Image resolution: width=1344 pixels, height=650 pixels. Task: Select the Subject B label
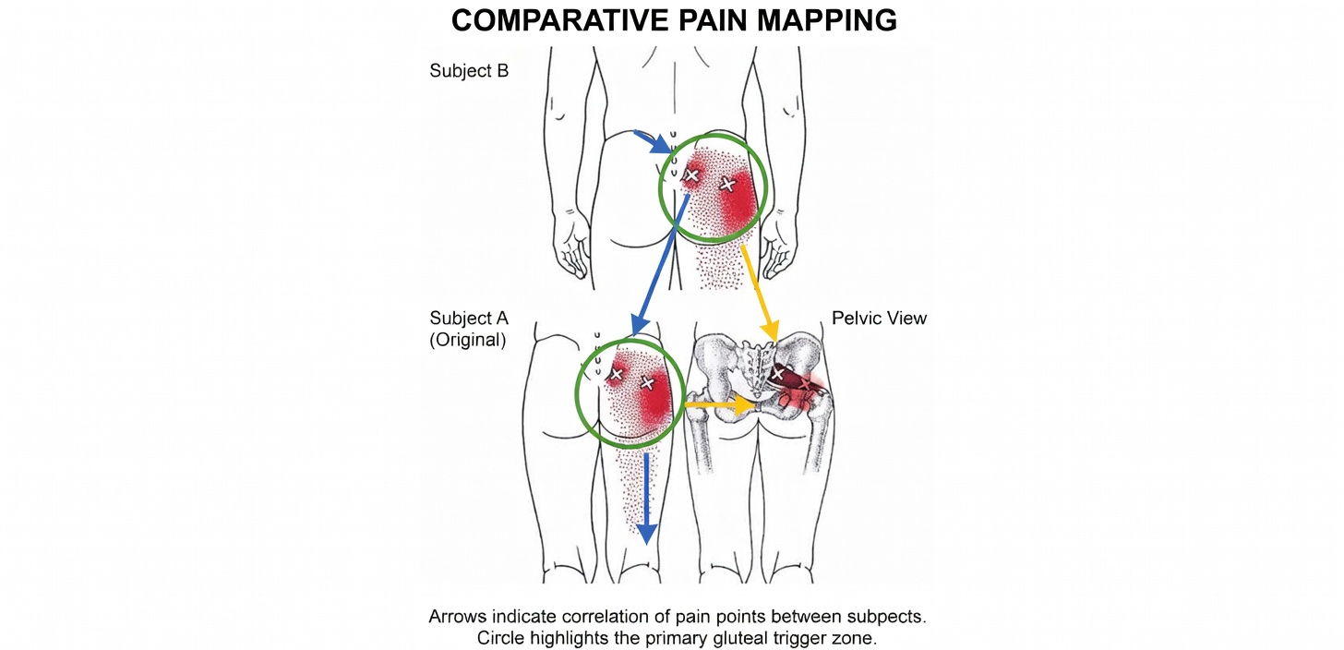[x=468, y=71]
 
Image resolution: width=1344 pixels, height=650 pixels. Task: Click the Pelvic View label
[x=879, y=319]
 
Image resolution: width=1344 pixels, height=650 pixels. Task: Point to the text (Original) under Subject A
[x=467, y=339]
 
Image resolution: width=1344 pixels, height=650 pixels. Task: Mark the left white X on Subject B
[x=690, y=175]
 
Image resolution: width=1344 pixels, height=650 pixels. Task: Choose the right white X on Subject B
[x=727, y=185]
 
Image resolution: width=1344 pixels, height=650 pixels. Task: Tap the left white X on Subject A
[x=616, y=374]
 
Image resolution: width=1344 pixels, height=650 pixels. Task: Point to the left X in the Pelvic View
[x=778, y=374]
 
